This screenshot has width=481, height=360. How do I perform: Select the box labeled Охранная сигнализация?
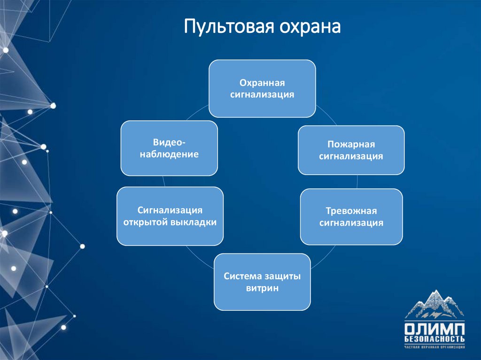262,88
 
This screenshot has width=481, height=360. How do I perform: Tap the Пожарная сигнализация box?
351,150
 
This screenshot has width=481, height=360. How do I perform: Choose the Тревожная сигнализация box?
351,216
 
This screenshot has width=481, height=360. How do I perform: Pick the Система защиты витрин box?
262,282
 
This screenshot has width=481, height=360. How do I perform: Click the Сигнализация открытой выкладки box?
170,216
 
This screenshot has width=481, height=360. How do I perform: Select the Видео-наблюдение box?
169,148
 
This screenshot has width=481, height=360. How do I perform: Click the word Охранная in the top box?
262,83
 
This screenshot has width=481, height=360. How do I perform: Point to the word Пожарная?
351,145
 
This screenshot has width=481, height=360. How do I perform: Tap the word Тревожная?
351,211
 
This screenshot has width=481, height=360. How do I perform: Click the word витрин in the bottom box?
262,288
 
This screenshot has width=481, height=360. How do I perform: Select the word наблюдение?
169,154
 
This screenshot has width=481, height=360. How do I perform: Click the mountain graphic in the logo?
434,305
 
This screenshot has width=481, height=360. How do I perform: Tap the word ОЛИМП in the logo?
434,328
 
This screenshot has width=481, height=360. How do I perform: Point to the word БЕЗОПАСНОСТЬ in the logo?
434,338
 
